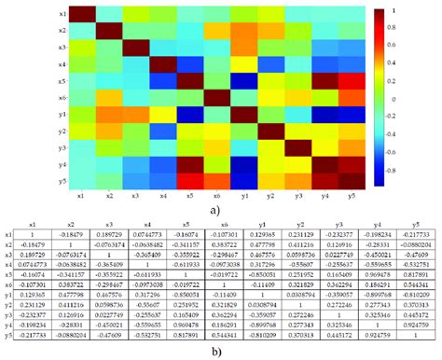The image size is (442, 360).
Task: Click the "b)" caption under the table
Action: pos(217,353)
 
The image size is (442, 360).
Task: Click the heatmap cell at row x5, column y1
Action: pos(243,80)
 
